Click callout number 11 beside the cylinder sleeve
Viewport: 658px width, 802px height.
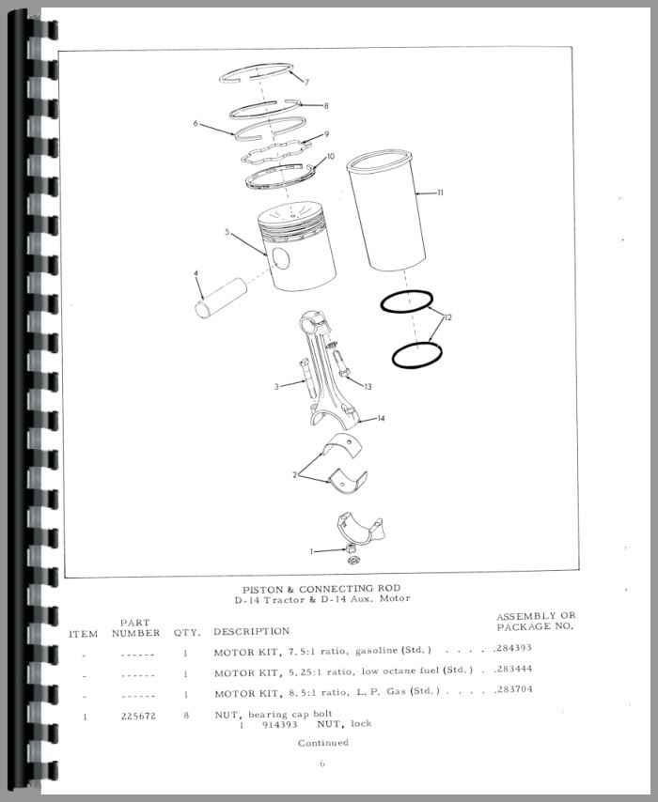440,193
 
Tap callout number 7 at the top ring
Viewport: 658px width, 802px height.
306,82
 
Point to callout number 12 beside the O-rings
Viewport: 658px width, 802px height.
448,317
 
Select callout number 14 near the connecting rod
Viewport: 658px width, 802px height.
381,419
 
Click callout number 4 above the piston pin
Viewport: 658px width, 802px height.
196,274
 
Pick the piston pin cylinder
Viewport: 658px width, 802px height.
221,298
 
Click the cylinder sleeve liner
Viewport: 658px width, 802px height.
387,210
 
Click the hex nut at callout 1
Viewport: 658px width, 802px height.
350,549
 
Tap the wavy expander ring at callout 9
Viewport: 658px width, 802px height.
275,152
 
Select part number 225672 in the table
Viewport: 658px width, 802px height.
138,716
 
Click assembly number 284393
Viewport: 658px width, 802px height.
513,648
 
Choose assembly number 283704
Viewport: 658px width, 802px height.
513,689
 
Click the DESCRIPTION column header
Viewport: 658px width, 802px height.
251,632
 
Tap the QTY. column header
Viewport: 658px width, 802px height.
186,633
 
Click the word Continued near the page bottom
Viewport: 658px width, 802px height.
323,743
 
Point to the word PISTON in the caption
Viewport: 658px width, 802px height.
261,589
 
